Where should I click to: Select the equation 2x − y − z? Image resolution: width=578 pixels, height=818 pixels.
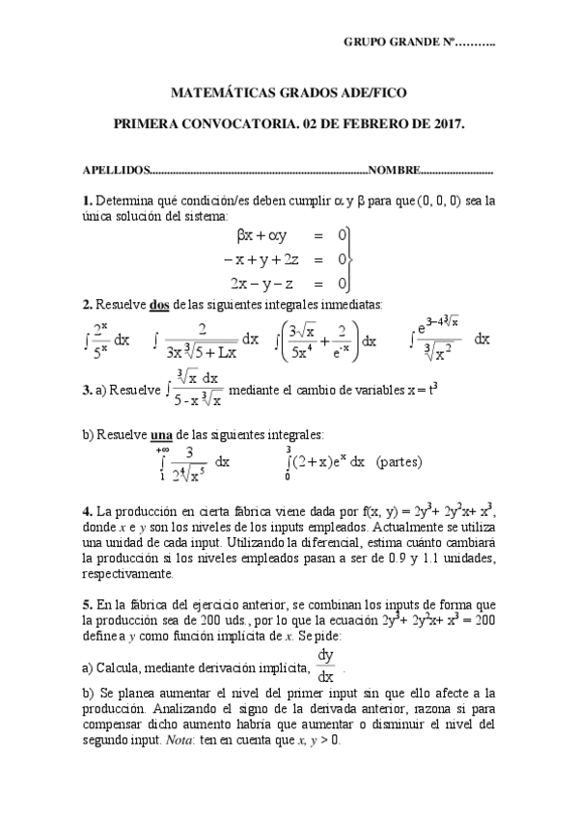pos(264,283)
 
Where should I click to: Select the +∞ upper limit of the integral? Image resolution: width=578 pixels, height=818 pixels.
pos(161,449)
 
